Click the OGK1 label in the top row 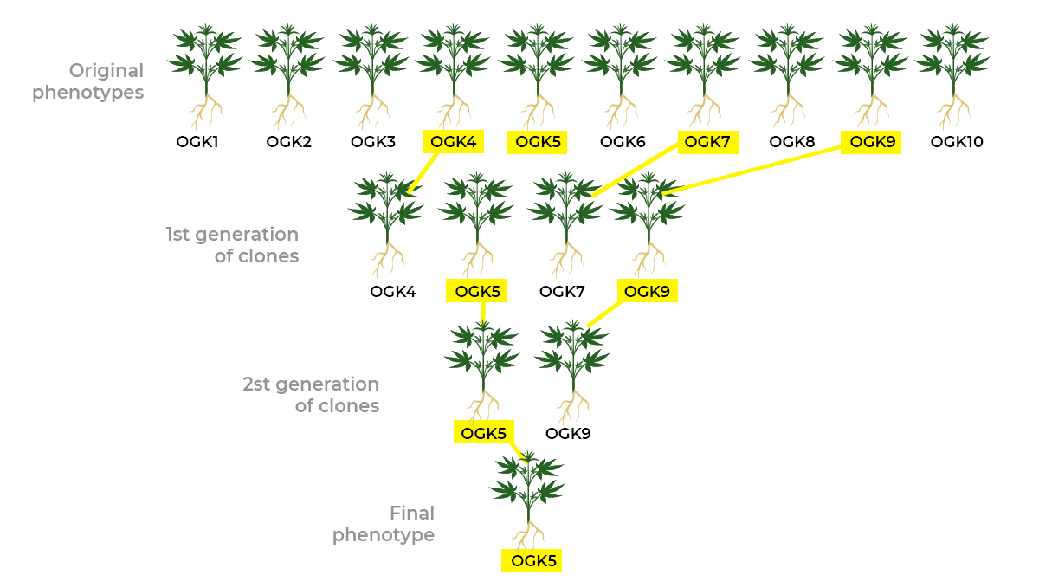tap(197, 142)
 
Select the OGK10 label tap(957, 142)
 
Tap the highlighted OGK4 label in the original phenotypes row tap(455, 142)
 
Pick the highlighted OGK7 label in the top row tap(708, 142)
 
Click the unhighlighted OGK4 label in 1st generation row tap(393, 292)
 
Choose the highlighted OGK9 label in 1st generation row tap(647, 292)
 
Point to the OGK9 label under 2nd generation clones tap(568, 433)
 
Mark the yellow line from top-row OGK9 tap(753, 168)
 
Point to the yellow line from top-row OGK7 tap(636, 170)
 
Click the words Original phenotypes tap(88, 81)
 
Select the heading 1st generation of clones tap(232, 245)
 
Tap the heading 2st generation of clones tap(312, 395)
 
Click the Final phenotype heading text tap(384, 524)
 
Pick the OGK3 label tap(373, 142)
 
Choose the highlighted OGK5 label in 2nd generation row tap(483, 433)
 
